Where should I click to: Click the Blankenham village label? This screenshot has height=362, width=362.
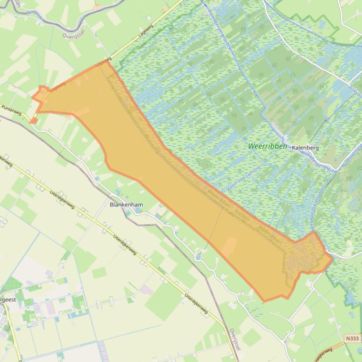[126, 205]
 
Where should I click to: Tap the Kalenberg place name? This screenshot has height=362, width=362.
[305, 148]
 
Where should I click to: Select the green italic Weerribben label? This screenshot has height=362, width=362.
[267, 146]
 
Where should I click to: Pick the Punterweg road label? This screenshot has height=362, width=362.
[12, 110]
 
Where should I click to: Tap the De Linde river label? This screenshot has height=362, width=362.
[35, 14]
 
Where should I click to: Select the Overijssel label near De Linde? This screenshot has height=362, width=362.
[73, 35]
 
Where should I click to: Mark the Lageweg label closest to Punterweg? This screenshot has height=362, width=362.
[56, 87]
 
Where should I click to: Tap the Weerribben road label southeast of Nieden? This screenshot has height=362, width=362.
[270, 235]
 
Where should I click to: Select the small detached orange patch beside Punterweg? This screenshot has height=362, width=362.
[33, 121]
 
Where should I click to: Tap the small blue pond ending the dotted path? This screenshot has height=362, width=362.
[199, 257]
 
